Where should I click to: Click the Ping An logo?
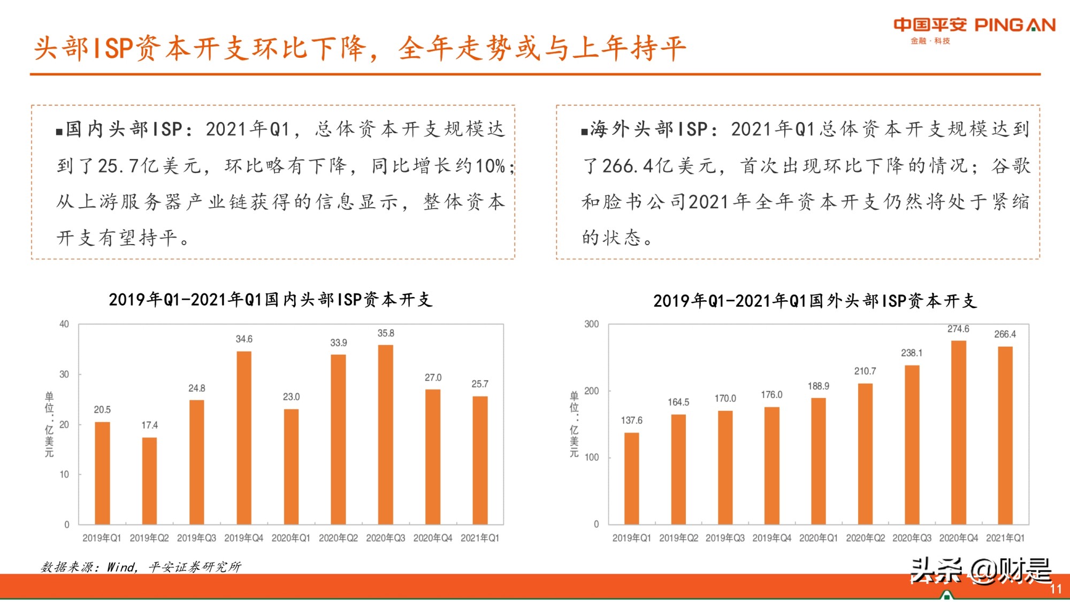974,29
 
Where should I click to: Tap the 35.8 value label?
386,333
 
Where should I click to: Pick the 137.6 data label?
631,421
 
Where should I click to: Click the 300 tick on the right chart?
591,324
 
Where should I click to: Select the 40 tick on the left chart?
64,324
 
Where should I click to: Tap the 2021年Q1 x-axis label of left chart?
480,538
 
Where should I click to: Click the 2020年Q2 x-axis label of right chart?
865,538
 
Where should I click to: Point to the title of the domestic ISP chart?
270,300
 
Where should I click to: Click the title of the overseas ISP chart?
815,301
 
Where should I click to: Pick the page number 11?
1055,589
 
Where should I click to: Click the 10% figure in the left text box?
490,166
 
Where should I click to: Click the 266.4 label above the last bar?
1005,334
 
